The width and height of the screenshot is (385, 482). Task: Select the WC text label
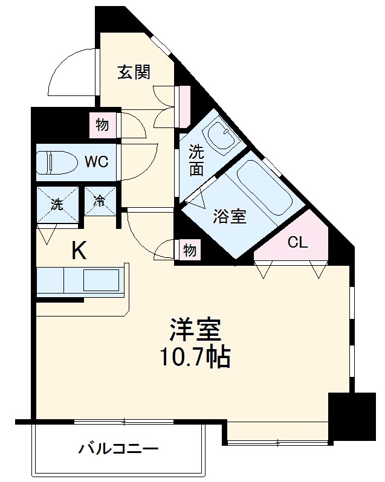point(96,162)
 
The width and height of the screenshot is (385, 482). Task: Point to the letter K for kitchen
point(79,249)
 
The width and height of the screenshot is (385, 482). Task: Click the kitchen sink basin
point(101,281)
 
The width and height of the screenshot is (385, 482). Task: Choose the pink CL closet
point(297,242)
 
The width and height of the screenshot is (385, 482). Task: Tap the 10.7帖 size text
point(195,358)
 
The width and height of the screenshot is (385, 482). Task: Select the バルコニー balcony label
point(118,450)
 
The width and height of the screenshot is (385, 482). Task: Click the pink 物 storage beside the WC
point(102,125)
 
